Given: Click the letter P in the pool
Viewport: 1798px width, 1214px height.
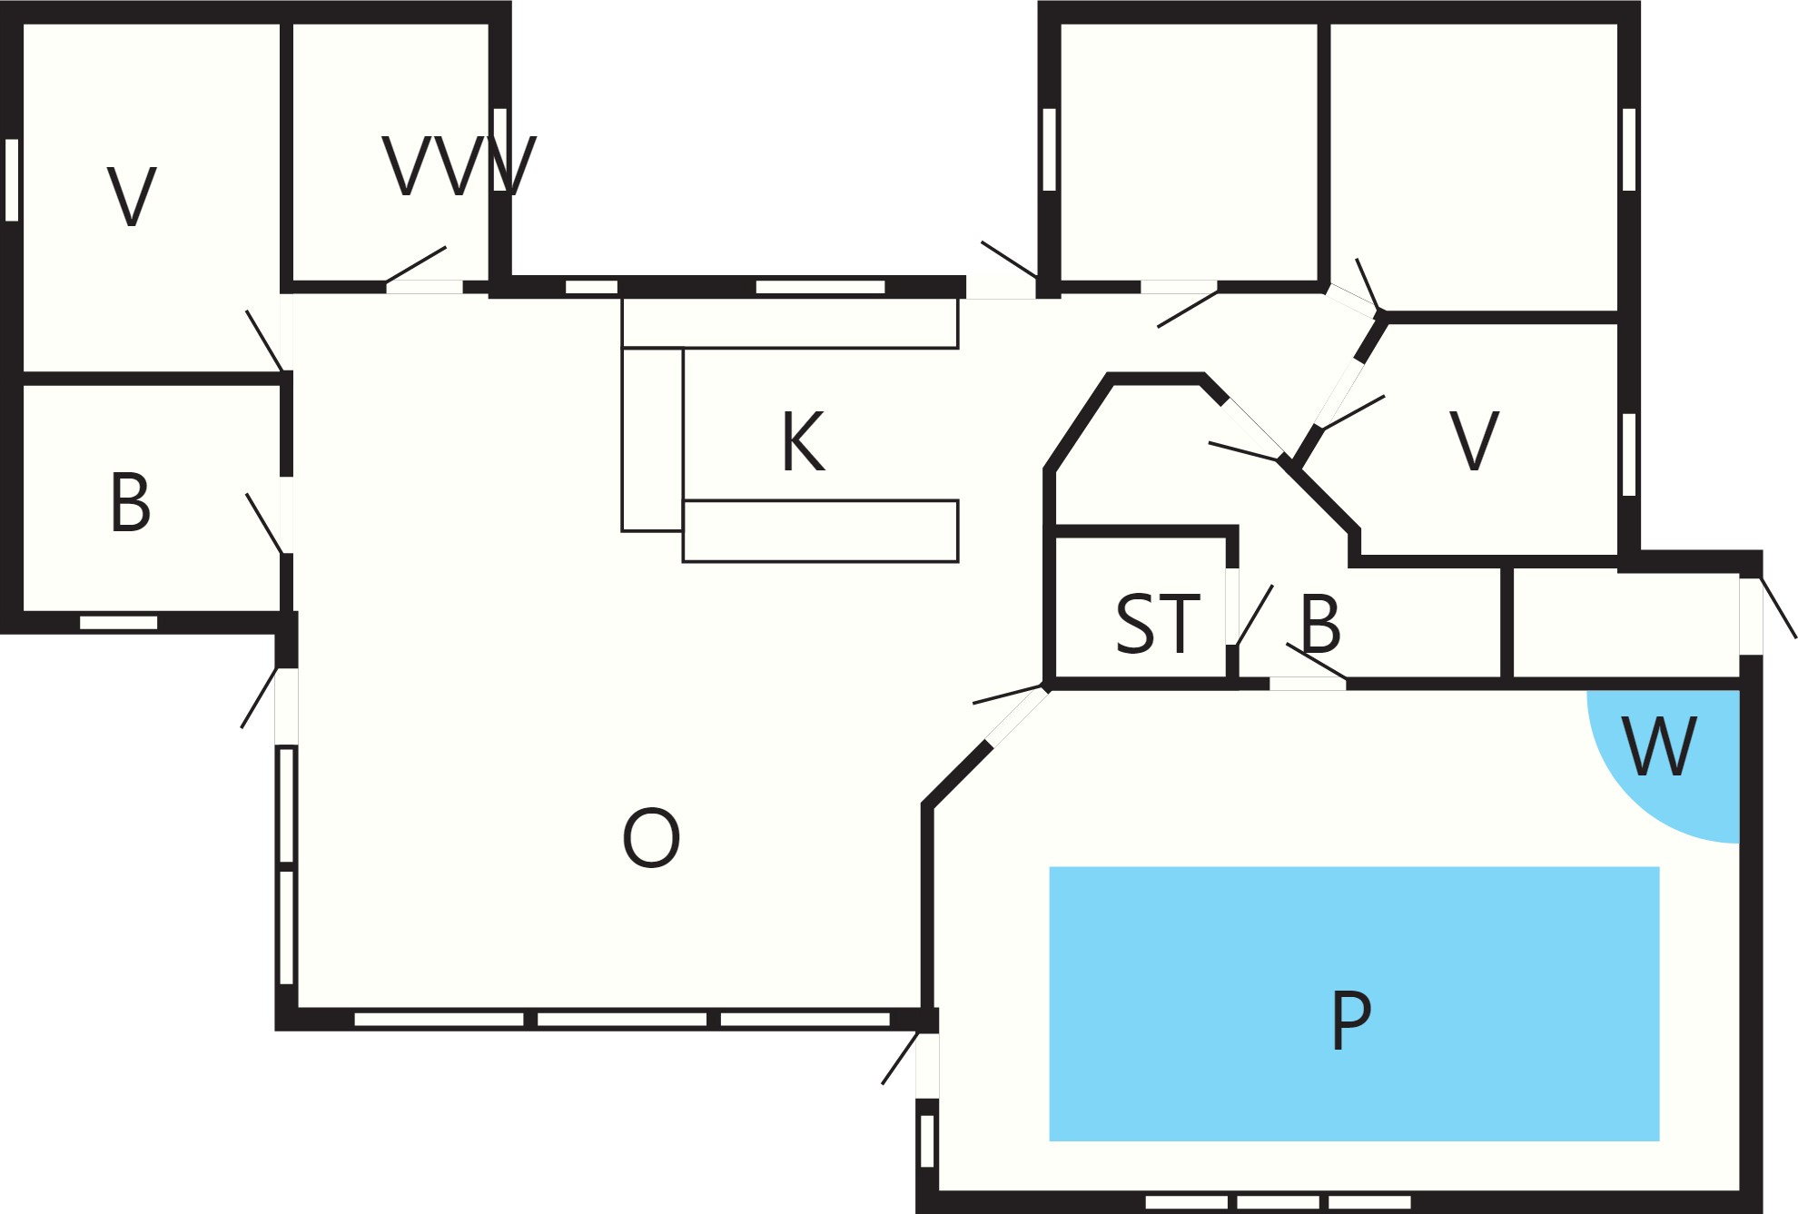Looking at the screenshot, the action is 1350,1021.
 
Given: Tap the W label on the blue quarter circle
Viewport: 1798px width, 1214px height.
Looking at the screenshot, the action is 1659,746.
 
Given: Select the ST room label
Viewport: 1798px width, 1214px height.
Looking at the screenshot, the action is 1158,624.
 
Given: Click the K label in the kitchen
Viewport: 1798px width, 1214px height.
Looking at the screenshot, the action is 804,442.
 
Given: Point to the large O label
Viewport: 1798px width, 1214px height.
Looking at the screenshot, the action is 651,838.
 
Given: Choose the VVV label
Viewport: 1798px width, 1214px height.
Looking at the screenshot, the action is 459,165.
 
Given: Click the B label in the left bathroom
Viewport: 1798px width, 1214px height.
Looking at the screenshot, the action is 130,502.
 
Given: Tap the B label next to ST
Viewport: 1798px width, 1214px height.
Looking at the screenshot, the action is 1320,624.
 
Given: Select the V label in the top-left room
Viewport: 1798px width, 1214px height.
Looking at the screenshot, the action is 132,196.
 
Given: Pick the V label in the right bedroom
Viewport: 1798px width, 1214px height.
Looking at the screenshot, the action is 1474,440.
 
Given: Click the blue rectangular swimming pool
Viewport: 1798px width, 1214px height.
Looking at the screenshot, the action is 1354,1003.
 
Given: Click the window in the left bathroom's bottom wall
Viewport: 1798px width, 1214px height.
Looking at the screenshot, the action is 119,622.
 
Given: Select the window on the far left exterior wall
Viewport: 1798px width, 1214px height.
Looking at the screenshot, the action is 12,180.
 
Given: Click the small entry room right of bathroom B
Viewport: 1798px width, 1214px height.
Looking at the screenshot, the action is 1625,625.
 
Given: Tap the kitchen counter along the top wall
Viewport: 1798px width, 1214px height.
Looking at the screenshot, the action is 790,322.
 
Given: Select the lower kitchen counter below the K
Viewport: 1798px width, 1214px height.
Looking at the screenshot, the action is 821,531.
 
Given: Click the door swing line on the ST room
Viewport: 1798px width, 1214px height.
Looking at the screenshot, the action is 1255,615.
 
